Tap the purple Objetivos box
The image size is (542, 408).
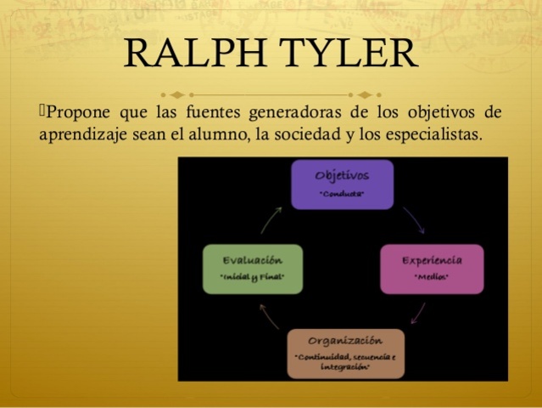click(x=342, y=184)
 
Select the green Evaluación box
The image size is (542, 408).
click(x=253, y=268)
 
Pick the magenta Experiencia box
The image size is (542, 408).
click(x=432, y=268)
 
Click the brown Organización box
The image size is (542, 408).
click(x=344, y=353)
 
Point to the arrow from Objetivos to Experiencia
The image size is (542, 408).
click(x=414, y=219)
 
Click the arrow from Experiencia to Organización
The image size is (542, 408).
click(x=418, y=313)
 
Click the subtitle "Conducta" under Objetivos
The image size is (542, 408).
click(x=342, y=194)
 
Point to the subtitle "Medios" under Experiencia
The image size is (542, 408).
click(x=432, y=278)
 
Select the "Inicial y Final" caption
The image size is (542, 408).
click(x=253, y=278)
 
